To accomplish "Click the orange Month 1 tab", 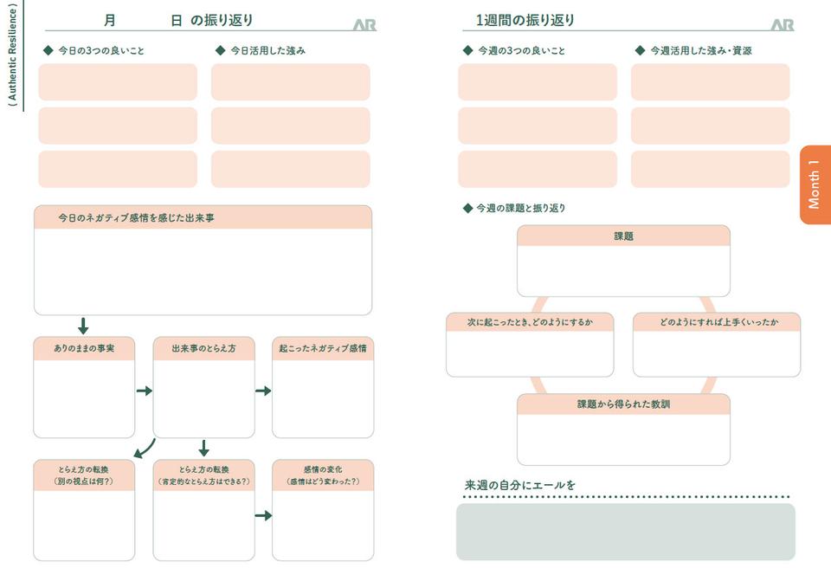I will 815,184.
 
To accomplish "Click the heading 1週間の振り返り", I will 525,20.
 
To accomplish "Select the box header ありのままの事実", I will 84,348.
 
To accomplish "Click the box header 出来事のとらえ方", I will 203,348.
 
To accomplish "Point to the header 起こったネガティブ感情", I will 323,348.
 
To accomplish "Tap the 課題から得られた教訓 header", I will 623,404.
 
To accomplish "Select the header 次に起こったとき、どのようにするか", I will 530,322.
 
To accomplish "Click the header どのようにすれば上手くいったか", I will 718,322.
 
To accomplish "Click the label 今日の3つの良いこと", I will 100,51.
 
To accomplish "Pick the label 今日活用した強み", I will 267,51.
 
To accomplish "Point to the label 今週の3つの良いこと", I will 521,51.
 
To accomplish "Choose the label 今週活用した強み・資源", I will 700,51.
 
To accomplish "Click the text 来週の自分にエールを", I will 520,485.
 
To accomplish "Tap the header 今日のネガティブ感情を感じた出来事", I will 136,218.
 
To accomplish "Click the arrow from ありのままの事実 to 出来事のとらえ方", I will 144,391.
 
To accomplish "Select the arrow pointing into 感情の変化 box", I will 263,515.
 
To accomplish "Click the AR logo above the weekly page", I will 782,25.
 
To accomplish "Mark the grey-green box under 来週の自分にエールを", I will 625,532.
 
